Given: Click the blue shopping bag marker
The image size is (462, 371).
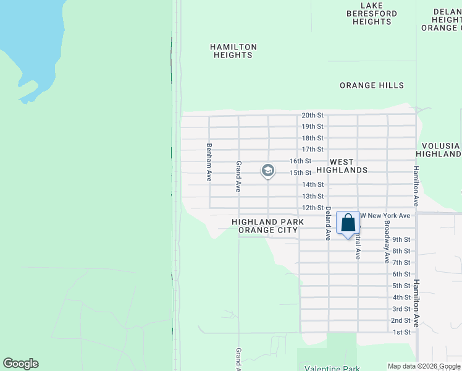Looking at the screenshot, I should pos(348,224).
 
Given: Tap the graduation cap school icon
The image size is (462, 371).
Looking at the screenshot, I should pos(267,170).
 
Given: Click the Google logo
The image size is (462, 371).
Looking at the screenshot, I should pos(20,364).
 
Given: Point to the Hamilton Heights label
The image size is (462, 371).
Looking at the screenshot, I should pos(233,51).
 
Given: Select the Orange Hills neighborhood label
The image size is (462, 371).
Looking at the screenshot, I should pos(372,85).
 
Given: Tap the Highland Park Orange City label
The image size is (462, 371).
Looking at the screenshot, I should pos(264,226).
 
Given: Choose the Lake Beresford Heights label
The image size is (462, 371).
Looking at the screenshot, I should pos(372,13).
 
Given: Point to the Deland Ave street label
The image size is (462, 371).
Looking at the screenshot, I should pos(328,223).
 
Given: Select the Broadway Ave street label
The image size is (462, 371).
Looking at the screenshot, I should pos(387,238).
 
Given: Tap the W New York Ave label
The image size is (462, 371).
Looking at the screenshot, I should pos(385,215).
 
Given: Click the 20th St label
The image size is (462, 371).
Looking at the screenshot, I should pos(313,115).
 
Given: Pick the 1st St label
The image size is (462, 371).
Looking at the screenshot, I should pos(401,332).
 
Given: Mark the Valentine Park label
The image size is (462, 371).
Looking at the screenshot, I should pos(332,369).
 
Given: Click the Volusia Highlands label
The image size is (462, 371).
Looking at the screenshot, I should pos(439,150).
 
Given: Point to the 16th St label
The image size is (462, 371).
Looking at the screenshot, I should pos(301,161).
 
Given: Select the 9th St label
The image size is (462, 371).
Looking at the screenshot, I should pos(401,239).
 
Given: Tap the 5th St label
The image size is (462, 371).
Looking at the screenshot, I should pos(401,286).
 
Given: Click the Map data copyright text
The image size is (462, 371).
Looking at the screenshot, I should pos(424,366).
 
